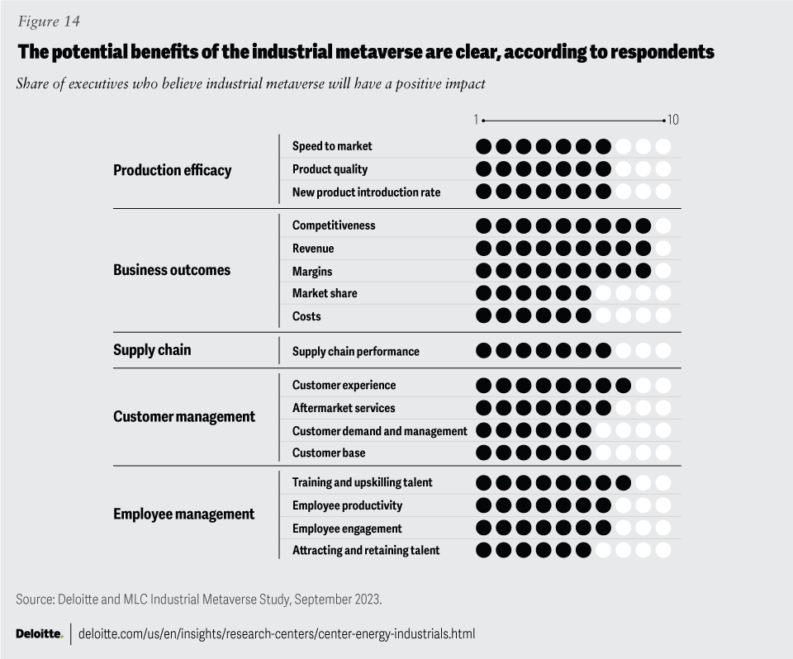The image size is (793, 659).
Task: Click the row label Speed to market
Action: point(332,146)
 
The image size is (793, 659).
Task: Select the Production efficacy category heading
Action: point(172,170)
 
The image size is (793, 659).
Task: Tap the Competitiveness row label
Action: point(334,225)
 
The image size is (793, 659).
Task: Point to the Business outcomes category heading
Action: point(172,270)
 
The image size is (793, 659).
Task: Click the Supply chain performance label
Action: point(355,352)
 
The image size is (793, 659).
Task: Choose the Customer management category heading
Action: point(183,416)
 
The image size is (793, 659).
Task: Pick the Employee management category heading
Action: point(183,514)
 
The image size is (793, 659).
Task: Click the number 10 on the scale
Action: point(673,121)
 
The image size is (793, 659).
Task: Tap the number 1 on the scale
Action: point(476,121)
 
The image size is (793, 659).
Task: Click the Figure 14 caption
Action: point(49,21)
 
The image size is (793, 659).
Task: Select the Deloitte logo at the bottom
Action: point(39,634)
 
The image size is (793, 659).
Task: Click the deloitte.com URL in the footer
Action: point(276,634)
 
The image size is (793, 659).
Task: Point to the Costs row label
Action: point(306,316)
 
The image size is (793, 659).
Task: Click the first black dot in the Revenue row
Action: point(483,249)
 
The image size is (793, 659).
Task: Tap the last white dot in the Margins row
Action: point(662,271)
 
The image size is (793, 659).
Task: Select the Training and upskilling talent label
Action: point(362,482)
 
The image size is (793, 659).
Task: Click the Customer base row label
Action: point(328,453)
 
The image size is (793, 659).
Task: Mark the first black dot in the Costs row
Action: point(483,316)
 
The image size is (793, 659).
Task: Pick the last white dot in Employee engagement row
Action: point(662,528)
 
